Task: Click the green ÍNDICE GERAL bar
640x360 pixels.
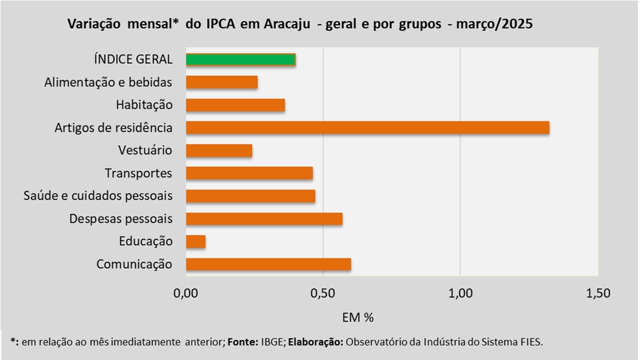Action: pos(240,59)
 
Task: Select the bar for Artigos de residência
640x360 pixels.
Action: pos(367,127)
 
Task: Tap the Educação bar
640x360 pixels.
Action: pos(195,242)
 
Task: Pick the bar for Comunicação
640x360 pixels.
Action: pos(268,264)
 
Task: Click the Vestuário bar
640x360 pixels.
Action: pos(219,150)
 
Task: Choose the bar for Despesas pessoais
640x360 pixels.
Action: pos(264,219)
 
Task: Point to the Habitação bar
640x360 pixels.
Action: pos(235,105)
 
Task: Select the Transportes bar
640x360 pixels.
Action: pos(249,173)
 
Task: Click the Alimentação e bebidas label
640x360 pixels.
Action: pos(108,82)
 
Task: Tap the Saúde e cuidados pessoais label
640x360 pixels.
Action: pos(98,195)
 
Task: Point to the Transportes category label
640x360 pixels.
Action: pos(138,173)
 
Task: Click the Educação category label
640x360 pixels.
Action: pos(145,241)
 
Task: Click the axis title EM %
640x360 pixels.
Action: pos(358,317)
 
